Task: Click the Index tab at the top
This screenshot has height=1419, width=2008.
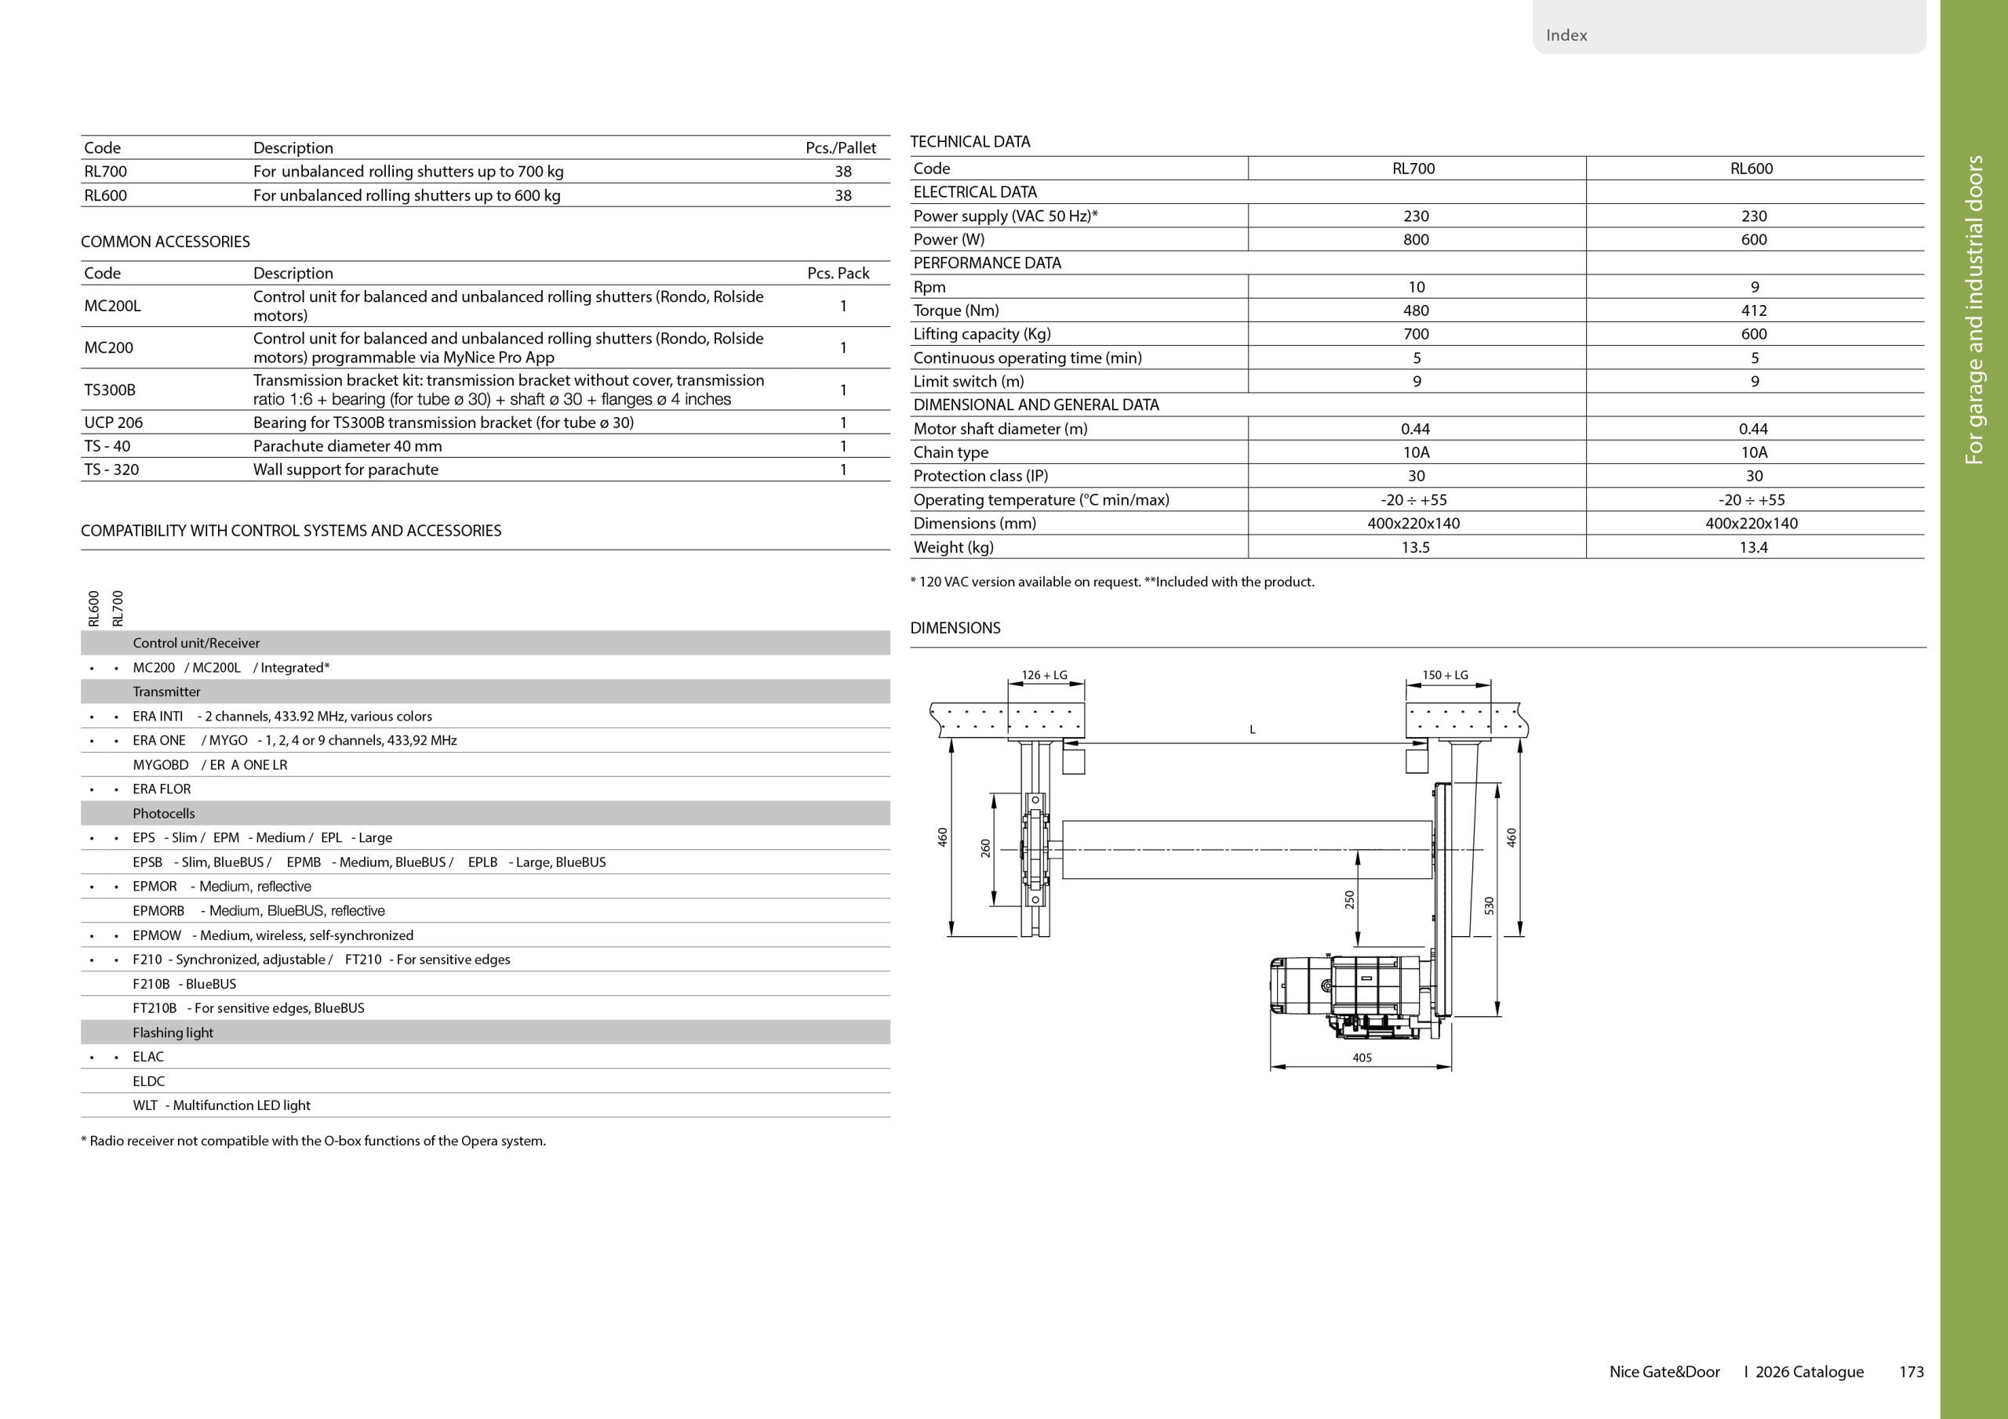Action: (x=1566, y=35)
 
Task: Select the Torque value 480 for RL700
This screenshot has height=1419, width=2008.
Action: (x=1416, y=310)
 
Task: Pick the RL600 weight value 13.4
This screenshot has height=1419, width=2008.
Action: (x=1754, y=547)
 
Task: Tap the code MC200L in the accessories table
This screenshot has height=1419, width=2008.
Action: (x=112, y=306)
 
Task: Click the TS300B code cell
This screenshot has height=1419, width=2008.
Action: (x=109, y=390)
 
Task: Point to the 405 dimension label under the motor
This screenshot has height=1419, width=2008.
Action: (x=1362, y=1058)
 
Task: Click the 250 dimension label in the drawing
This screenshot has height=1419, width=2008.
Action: (x=1348, y=900)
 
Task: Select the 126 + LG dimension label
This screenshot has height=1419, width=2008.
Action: (x=1044, y=675)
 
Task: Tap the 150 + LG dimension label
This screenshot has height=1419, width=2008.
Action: (x=1445, y=675)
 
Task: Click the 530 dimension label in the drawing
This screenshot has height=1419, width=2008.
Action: (x=1490, y=905)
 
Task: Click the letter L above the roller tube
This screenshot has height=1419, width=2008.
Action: (x=1253, y=729)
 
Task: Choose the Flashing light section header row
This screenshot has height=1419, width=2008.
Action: (x=173, y=1032)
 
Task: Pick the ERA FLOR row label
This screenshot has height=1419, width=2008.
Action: (x=162, y=789)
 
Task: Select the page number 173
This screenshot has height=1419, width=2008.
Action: (x=1911, y=1372)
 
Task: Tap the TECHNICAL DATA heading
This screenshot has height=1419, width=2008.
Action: (x=970, y=142)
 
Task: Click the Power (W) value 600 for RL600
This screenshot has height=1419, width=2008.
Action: (x=1754, y=240)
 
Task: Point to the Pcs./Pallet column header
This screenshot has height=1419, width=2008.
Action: (x=840, y=147)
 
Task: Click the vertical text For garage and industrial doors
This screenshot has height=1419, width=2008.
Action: (x=1974, y=310)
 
